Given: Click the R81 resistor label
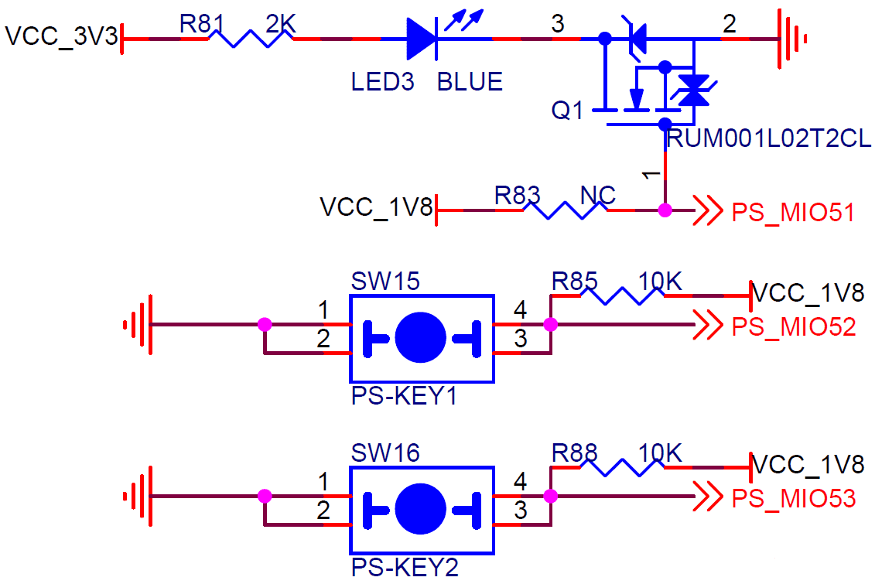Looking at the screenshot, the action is (201, 24).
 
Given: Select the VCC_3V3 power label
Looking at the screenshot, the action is (61, 36).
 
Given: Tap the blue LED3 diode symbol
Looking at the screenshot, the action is (422, 39).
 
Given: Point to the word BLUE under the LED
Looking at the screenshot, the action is (470, 82).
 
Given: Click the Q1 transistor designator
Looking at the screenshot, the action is (567, 111).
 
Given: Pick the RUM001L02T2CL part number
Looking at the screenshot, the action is (769, 139).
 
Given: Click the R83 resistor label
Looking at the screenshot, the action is (518, 195).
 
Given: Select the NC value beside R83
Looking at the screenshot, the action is (598, 195).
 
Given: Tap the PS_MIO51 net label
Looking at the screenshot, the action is (793, 213).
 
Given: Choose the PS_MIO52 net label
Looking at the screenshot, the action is (794, 327).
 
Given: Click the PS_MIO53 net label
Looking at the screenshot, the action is (794, 499).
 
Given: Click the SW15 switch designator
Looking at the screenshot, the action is (385, 282).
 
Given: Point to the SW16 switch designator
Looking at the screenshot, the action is (385, 453).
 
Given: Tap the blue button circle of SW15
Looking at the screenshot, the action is (421, 337).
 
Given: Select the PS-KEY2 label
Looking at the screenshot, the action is (405, 568).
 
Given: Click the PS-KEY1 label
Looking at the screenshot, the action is (404, 396).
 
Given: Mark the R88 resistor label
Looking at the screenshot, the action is (574, 453).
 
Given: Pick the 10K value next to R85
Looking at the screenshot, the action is (660, 282).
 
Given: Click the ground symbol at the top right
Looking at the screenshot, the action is (792, 39).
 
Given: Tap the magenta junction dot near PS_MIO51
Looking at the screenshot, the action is (665, 210).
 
